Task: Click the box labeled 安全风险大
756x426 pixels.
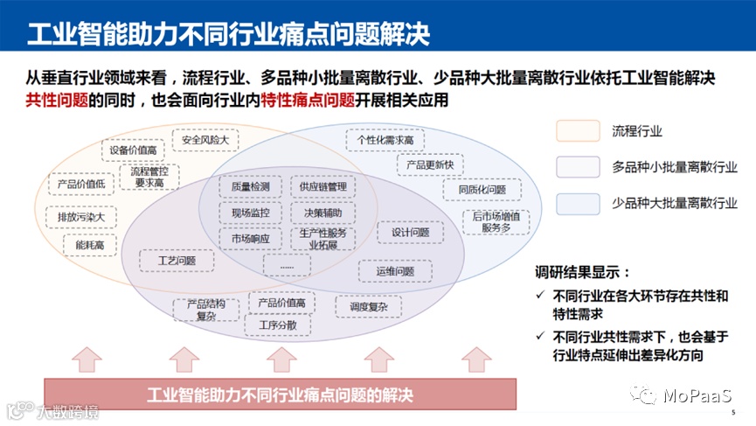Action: (205, 139)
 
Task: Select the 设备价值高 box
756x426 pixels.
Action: (133, 151)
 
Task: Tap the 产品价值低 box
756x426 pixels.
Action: (80, 185)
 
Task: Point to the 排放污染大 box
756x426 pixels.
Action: (80, 216)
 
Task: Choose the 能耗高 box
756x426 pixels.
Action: (89, 247)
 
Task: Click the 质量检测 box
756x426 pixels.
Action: (250, 187)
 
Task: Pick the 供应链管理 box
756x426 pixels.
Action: (323, 187)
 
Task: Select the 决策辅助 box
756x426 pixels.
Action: (323, 213)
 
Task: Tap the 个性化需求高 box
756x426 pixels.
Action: (385, 139)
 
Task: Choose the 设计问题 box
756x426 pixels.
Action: (409, 233)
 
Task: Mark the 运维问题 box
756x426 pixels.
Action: (395, 271)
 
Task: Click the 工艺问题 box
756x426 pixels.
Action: (177, 261)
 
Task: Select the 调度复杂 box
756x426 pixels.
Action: (368, 306)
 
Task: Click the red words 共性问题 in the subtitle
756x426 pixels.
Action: (57, 100)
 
